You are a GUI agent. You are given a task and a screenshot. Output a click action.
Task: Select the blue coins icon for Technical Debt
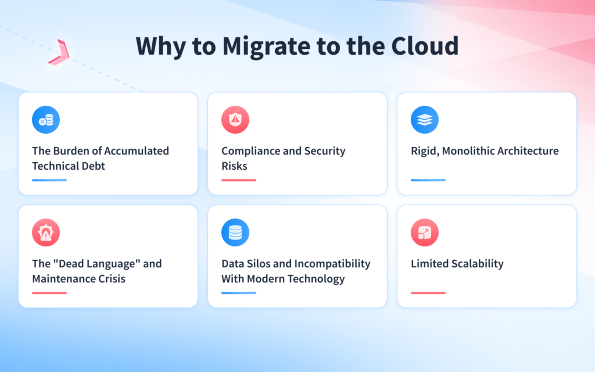coord(46,120)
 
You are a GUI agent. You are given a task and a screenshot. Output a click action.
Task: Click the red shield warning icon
coord(235,120)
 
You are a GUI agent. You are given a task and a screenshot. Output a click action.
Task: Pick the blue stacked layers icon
coord(425,120)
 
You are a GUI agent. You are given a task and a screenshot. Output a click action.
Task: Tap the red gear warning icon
coord(46,233)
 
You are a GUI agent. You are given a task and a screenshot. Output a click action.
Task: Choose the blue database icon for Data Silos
coord(235,233)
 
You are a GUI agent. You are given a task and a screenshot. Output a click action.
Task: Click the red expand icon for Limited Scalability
coord(425,233)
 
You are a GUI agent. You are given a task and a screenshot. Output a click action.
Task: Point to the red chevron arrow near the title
coord(59,51)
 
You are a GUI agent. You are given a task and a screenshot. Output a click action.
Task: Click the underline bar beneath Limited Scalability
coord(428,293)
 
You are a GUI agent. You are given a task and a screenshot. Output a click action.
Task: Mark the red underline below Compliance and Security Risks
coord(239,180)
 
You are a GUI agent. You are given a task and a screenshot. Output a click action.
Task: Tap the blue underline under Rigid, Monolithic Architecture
coord(428,180)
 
